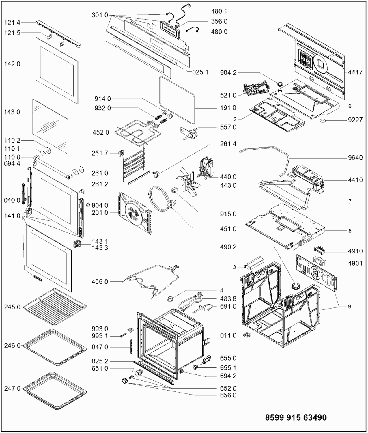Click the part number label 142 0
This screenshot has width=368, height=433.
coord(12,64)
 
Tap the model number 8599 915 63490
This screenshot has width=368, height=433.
coord(296,417)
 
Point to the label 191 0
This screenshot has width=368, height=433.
coord(228,108)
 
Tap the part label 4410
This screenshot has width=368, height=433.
coord(355,180)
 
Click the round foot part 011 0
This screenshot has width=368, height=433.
coord(246,335)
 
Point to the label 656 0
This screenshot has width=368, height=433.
coord(228,395)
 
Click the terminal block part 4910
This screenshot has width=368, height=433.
coord(319,249)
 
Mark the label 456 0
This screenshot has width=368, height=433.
coord(100,282)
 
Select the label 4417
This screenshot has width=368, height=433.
coord(355,72)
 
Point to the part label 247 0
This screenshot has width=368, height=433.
coord(12,389)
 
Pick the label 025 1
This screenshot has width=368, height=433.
coord(200,72)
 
